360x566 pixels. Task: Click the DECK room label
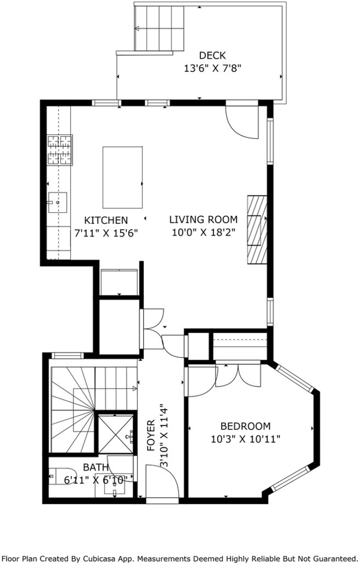pyautogui.click(x=212, y=56)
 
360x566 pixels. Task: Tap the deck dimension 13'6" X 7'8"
pyautogui.click(x=212, y=68)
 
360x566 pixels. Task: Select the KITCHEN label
pyautogui.click(x=106, y=220)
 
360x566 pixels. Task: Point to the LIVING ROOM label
pyautogui.click(x=204, y=219)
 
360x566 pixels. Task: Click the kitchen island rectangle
pyautogui.click(x=122, y=177)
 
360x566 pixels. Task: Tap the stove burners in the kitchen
pyautogui.click(x=60, y=149)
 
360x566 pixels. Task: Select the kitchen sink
pyautogui.click(x=58, y=203)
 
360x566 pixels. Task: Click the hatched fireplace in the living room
pyautogui.click(x=257, y=229)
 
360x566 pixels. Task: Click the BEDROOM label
pyautogui.click(x=246, y=426)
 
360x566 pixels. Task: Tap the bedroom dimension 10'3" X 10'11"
pyautogui.click(x=246, y=439)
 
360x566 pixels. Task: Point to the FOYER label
pyautogui.click(x=151, y=436)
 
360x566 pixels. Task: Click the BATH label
pyautogui.click(x=95, y=468)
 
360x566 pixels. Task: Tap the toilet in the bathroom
pyautogui.click(x=62, y=475)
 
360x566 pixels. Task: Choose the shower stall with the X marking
pyautogui.click(x=116, y=434)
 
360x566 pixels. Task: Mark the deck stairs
pyautogui.click(x=160, y=28)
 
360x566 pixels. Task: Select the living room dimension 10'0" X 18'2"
pyautogui.click(x=204, y=232)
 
